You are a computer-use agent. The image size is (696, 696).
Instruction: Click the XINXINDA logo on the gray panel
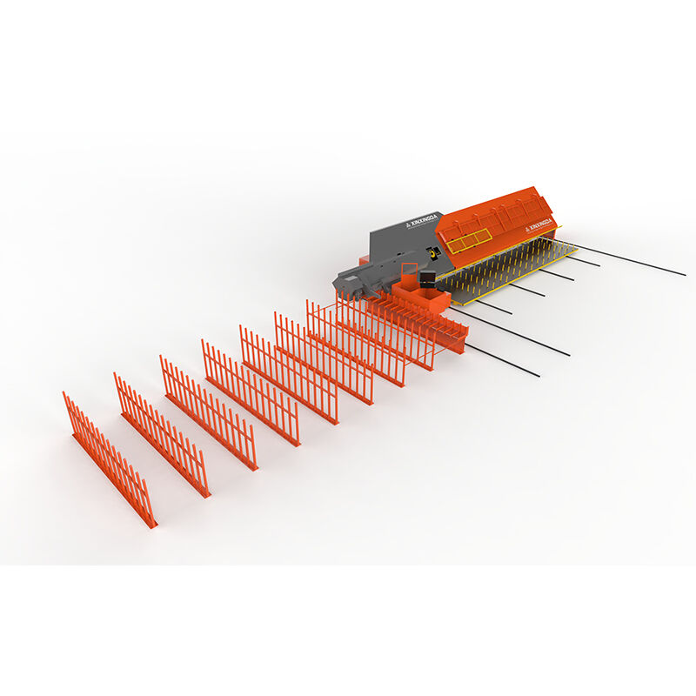pos(415,222)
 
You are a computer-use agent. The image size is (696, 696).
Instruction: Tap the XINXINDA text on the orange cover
pos(539,224)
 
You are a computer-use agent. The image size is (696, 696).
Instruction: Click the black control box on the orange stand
pos(427,280)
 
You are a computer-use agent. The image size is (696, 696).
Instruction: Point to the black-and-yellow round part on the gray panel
pos(433,252)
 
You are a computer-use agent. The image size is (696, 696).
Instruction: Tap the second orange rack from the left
pos(161,434)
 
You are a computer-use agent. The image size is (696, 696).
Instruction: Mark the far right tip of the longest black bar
pos(684,274)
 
